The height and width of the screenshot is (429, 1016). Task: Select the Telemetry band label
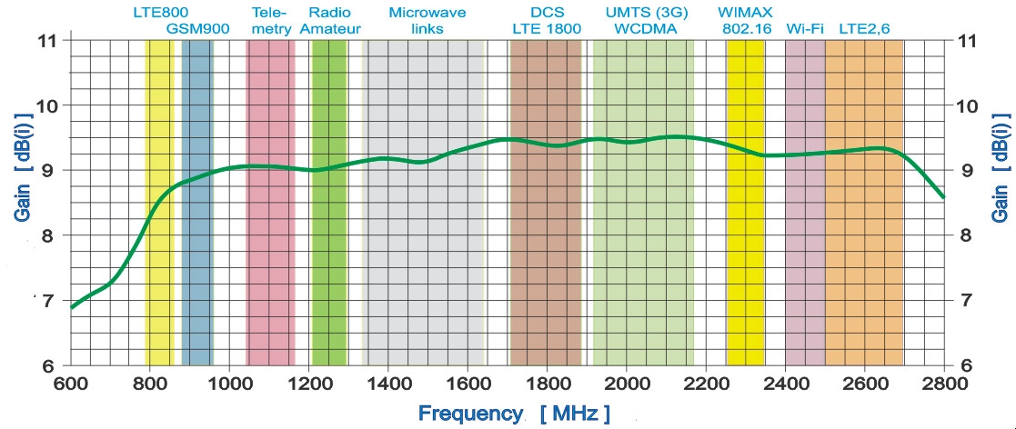(x=270, y=20)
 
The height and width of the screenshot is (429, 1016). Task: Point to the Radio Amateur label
(x=330, y=20)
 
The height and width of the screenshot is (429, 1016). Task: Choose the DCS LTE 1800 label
(x=545, y=20)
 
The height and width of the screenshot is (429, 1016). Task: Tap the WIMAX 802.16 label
(x=746, y=20)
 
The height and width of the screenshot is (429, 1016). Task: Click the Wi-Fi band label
(x=804, y=28)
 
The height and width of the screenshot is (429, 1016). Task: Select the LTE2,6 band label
(x=864, y=28)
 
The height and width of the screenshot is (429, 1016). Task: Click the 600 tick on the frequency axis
(x=70, y=383)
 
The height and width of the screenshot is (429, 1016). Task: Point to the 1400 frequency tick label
(x=388, y=383)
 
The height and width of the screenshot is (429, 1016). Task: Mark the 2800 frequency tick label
(x=945, y=383)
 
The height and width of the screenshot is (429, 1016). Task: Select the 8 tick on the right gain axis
(x=968, y=235)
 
